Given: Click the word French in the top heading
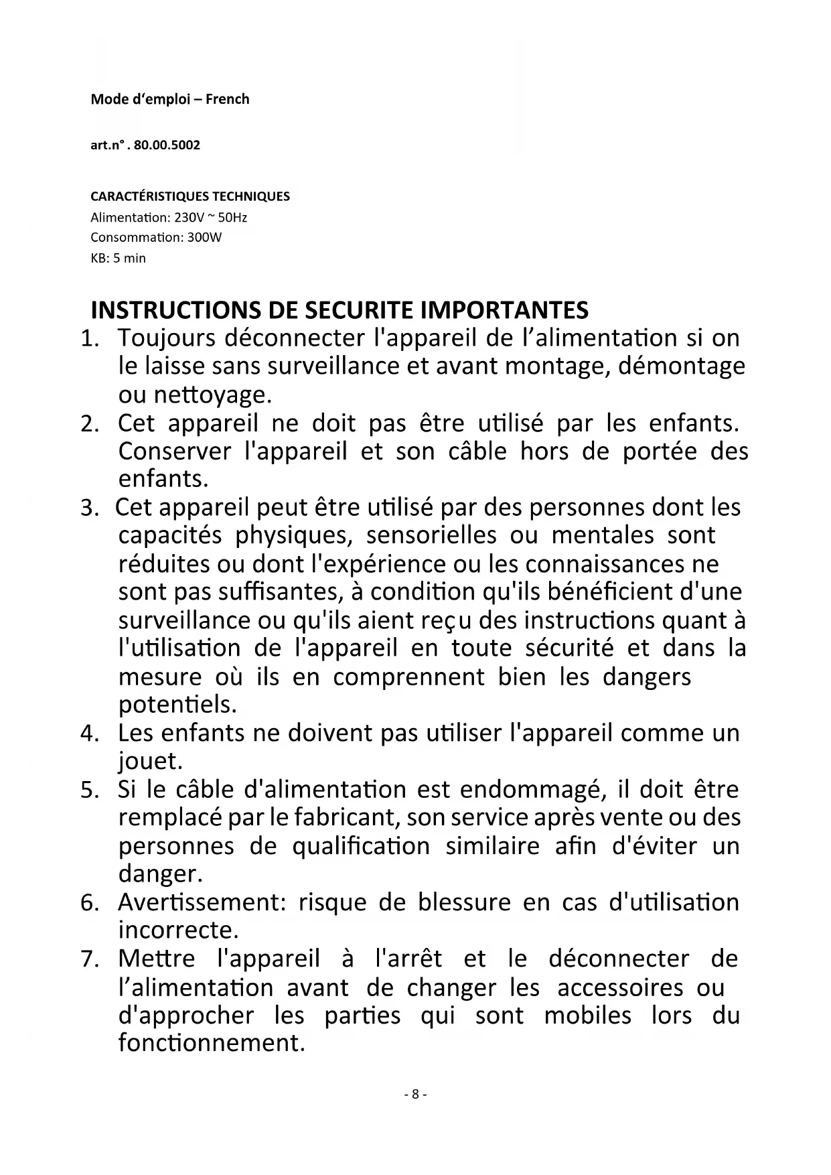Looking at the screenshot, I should point(227,99).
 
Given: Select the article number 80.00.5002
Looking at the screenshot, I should point(167,145).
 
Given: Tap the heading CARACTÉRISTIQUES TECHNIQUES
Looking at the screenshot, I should point(190,196).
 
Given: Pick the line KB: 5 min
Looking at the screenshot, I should point(118,258).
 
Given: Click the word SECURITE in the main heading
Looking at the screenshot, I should point(360,310).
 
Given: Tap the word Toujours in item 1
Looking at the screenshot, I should point(167,338).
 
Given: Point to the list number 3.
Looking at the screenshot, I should point(89,508).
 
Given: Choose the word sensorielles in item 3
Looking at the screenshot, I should point(431,535).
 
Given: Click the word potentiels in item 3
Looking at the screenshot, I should point(177,705).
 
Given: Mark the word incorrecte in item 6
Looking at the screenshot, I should point(178,930).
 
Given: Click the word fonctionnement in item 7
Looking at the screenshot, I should point(211,1043).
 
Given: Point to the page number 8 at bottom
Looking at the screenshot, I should point(415,1095).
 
